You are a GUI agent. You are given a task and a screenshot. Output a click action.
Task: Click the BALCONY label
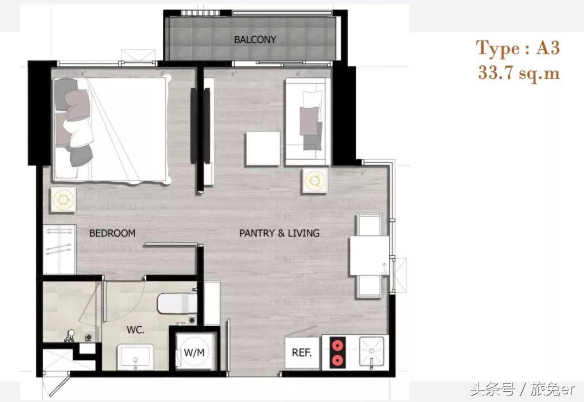click(255, 39)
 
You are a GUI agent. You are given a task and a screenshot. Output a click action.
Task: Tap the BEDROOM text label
click(112, 233)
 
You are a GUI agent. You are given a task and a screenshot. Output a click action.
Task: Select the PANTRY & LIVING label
click(280, 233)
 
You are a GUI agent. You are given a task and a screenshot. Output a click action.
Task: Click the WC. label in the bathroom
click(135, 329)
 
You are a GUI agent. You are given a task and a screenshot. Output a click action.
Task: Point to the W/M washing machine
click(195, 352)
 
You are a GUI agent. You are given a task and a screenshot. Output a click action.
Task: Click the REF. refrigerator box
click(302, 352)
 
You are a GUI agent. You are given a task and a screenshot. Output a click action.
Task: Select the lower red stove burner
click(337, 360)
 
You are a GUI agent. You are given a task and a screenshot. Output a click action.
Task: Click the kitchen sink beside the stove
click(371, 352)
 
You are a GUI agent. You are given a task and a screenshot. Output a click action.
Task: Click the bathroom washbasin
click(135, 357)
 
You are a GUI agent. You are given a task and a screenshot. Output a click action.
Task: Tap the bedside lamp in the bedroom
click(63, 200)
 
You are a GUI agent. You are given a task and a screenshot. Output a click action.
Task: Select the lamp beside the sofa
click(315, 181)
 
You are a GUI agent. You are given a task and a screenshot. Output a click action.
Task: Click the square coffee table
click(263, 149)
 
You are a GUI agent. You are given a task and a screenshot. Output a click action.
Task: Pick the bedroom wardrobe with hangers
click(59, 249)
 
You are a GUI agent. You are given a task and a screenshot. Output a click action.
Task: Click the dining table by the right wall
click(369, 255)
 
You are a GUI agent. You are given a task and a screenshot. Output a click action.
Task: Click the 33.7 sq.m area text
click(519, 73)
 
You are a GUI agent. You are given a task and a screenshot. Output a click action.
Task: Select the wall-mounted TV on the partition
click(194, 126)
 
